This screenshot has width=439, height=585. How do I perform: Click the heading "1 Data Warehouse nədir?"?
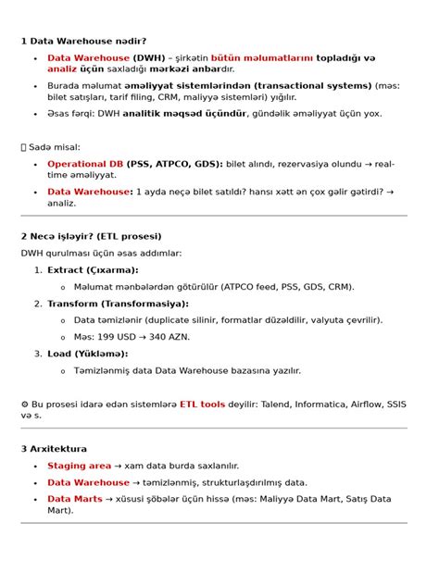(x=83, y=41)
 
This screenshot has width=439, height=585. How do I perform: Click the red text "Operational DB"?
(x=85, y=163)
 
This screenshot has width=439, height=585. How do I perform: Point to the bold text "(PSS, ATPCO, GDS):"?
(x=174, y=163)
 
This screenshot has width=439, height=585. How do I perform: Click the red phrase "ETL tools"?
(x=202, y=404)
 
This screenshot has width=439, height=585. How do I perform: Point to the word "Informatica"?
(x=325, y=404)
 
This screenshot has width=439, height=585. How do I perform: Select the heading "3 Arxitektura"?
(x=54, y=448)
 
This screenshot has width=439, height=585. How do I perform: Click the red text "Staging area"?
(x=79, y=466)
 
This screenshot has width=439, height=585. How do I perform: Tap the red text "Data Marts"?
(x=73, y=499)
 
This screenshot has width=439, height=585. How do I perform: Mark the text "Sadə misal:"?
(x=56, y=146)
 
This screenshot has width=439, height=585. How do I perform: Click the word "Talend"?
(x=276, y=404)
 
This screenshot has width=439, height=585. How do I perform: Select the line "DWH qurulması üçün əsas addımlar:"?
(x=102, y=253)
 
